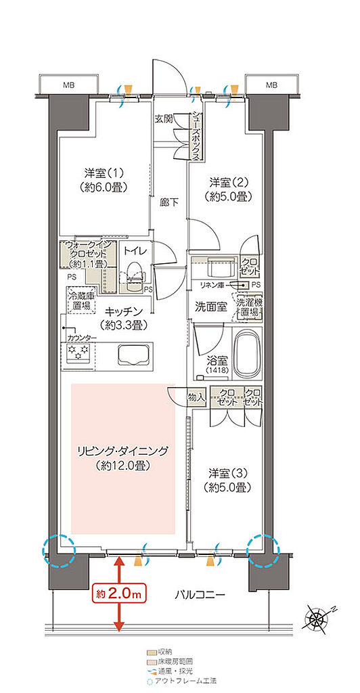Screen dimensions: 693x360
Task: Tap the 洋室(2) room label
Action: coord(230,189)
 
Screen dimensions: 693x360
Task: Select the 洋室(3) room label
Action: coord(230,480)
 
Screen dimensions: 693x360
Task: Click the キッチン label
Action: coord(122,318)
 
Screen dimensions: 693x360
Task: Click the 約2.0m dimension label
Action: coord(119,594)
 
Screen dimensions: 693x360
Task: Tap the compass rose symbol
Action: coord(317,618)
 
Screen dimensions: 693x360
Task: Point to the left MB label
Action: coord(69,85)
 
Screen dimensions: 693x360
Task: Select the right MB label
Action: coord(271,85)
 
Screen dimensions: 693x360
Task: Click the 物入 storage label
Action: coord(196,398)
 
